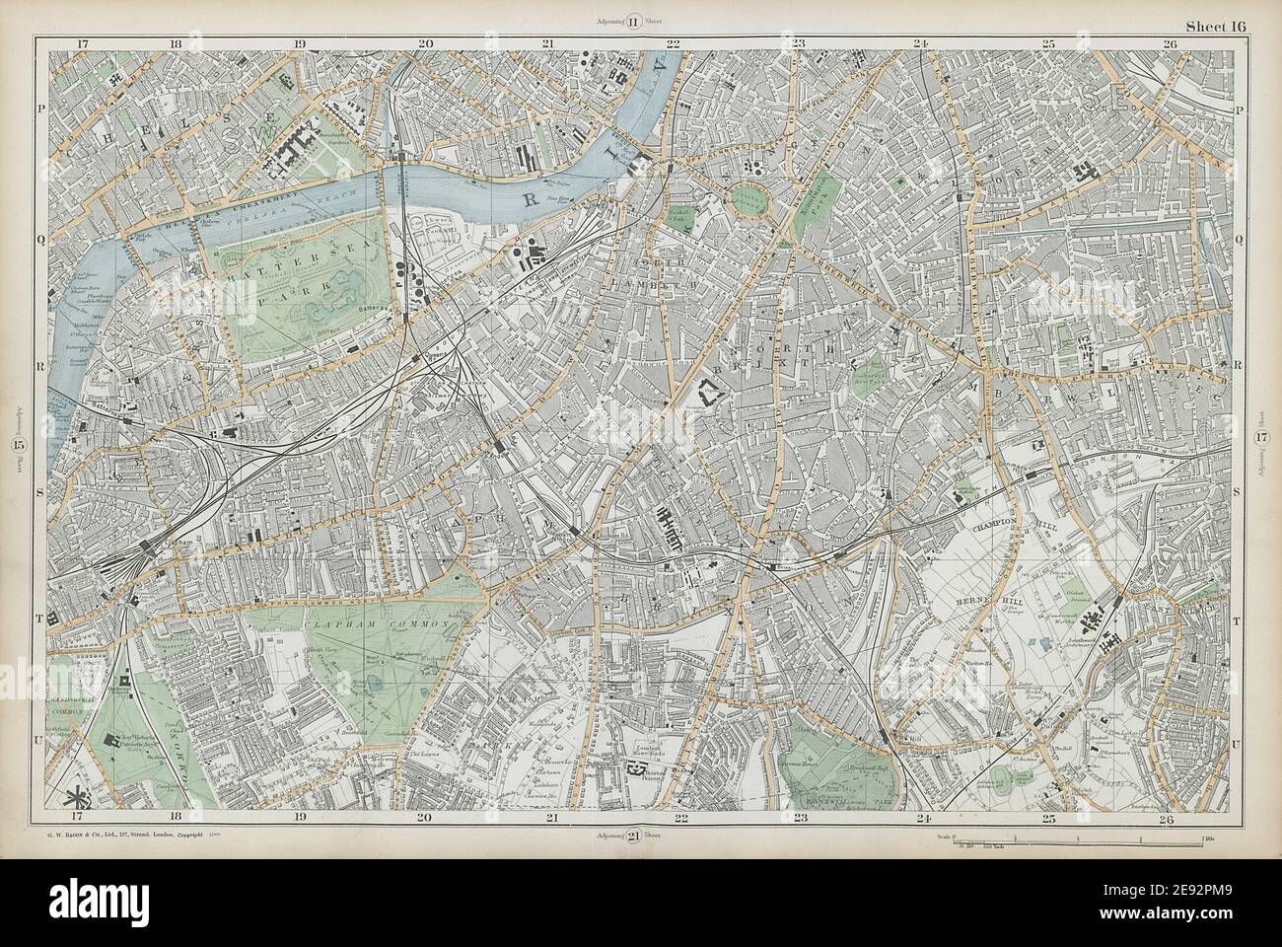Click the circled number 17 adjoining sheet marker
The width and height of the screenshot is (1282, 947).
coord(1261,439)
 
